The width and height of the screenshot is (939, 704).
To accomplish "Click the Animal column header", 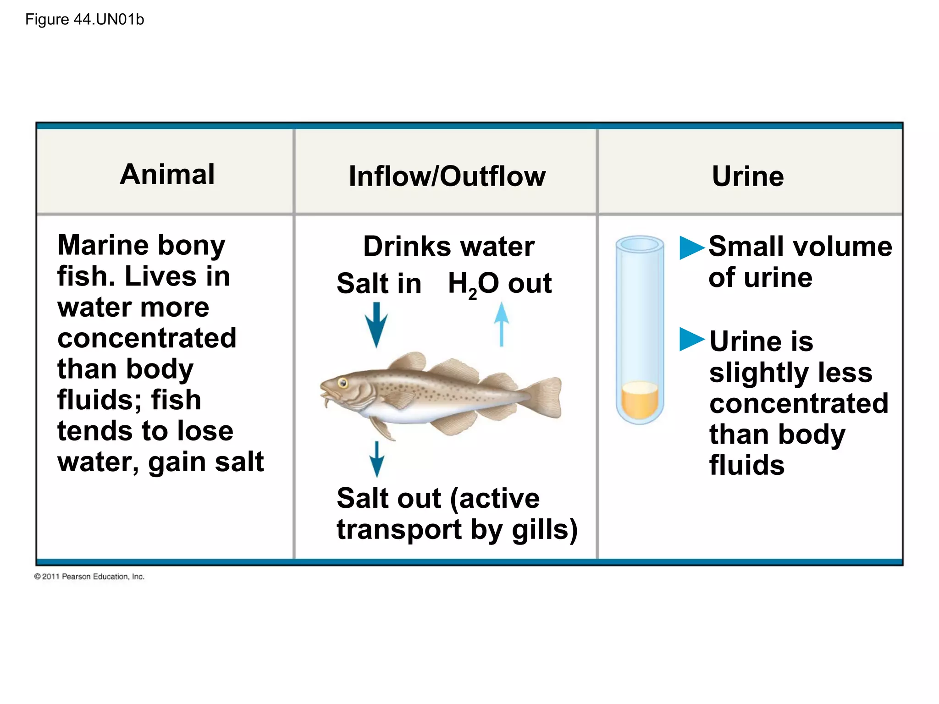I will tap(167, 174).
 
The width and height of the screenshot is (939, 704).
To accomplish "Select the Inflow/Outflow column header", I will tap(447, 176).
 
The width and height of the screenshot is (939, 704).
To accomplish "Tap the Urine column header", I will tap(748, 176).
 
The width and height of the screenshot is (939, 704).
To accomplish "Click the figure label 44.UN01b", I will tap(84, 20).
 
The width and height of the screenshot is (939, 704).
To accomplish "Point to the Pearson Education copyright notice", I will tap(89, 577).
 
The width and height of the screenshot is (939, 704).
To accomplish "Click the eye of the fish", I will tap(342, 382).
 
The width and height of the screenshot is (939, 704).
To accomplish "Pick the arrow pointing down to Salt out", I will tap(376, 459).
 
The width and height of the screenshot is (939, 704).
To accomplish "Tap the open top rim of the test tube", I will tap(640, 244).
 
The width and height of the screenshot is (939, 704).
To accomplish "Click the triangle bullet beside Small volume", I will tap(691, 247).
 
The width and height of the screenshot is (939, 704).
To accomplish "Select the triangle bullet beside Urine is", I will tap(691, 340).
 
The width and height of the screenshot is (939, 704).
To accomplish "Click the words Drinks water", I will tap(448, 247).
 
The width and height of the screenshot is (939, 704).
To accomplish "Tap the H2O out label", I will tap(499, 284).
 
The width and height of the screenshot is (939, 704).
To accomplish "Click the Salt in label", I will tap(379, 284).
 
